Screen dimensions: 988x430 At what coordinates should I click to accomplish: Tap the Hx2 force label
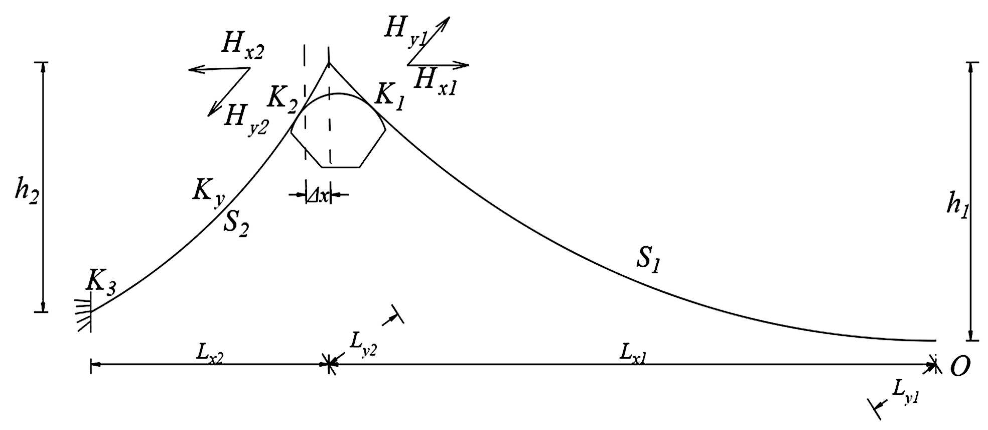[242, 47]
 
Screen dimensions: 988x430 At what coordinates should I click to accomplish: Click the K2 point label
[282, 98]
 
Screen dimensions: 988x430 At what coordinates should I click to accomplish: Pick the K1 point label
[390, 96]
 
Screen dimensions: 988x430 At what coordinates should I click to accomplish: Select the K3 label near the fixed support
[101, 282]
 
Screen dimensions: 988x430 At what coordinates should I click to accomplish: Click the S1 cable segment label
[648, 260]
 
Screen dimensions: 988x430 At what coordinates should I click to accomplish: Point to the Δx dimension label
[318, 195]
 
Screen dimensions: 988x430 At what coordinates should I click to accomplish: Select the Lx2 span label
[210, 354]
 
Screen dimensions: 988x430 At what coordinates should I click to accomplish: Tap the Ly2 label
[363, 345]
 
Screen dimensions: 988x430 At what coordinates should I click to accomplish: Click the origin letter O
[960, 367]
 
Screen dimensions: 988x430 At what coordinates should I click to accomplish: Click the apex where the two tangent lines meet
[329, 63]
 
